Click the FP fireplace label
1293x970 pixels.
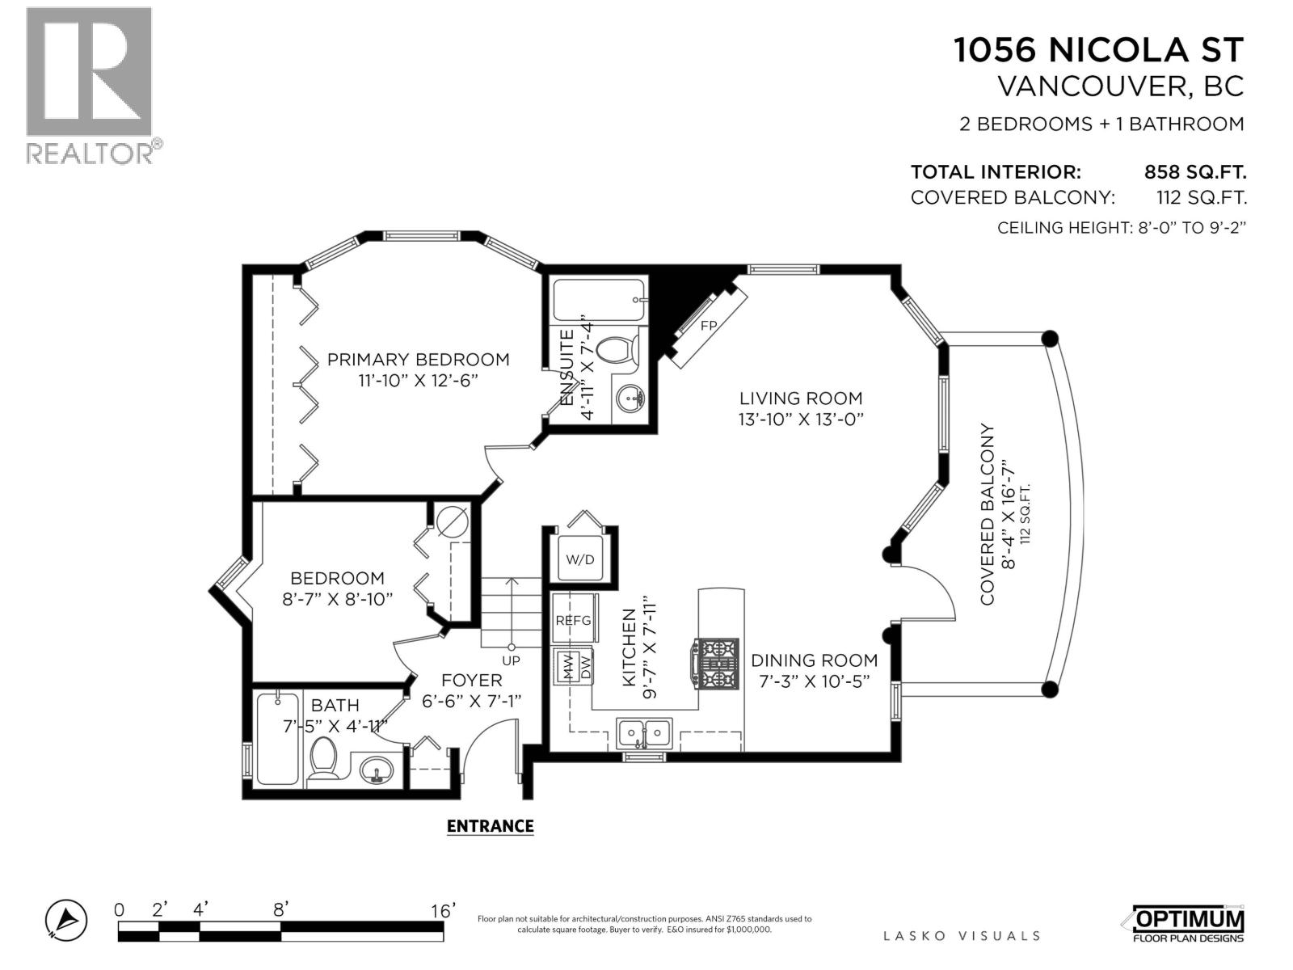pyautogui.click(x=709, y=326)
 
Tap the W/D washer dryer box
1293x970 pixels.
pyautogui.click(x=579, y=559)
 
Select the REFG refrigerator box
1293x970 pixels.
pyautogui.click(x=573, y=620)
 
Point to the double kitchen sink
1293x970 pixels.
pyautogui.click(x=644, y=733)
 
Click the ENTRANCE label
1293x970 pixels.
pyautogui.click(x=490, y=825)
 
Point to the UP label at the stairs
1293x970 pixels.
pyautogui.click(x=511, y=660)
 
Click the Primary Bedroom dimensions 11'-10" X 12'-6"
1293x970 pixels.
pyautogui.click(x=418, y=380)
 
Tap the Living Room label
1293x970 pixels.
pyautogui.click(x=801, y=398)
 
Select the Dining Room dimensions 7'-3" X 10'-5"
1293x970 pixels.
pyautogui.click(x=814, y=681)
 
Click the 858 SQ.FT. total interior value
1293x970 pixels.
pyautogui.click(x=1194, y=172)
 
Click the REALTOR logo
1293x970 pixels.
pyautogui.click(x=90, y=85)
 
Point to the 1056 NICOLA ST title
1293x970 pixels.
pyautogui.click(x=1098, y=50)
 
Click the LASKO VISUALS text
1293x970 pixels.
pyautogui.click(x=962, y=935)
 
